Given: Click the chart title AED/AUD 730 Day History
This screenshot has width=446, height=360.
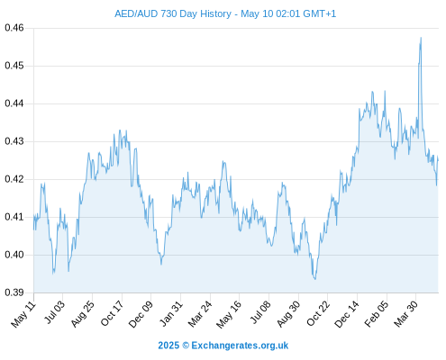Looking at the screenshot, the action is pyautogui.click(x=173, y=13).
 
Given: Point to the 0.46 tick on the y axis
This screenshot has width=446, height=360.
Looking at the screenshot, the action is pyautogui.click(x=14, y=28).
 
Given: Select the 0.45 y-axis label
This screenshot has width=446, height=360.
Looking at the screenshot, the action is pyautogui.click(x=14, y=66).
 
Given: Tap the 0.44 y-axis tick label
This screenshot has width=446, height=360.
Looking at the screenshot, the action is pyautogui.click(x=14, y=103).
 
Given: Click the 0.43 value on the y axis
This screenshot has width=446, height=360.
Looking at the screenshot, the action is pyautogui.click(x=14, y=141).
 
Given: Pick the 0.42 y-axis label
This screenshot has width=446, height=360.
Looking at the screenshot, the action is pyautogui.click(x=14, y=179).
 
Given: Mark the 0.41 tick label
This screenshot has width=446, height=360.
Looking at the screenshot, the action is pyautogui.click(x=14, y=217).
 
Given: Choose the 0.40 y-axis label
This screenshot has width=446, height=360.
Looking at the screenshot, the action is pyautogui.click(x=14, y=255).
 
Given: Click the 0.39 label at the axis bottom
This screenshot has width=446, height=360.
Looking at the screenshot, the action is pyautogui.click(x=14, y=292).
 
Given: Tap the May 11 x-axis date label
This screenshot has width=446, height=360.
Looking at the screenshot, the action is pyautogui.click(x=23, y=314).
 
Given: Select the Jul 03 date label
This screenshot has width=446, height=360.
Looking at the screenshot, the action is pyautogui.click(x=55, y=312).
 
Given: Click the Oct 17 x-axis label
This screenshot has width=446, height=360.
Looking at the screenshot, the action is pyautogui.click(x=112, y=313).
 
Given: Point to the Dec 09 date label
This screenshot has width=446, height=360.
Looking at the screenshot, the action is pyautogui.click(x=141, y=314).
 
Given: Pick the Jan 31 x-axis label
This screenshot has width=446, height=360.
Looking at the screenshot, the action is pyautogui.click(x=171, y=313).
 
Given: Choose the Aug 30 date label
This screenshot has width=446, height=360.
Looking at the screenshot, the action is pyautogui.click(x=288, y=314).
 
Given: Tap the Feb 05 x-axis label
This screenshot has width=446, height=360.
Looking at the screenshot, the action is pyautogui.click(x=377, y=314).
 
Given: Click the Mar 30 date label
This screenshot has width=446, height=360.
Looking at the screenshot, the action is pyautogui.click(x=405, y=314).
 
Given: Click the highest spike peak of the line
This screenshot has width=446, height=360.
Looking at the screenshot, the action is pyautogui.click(x=421, y=38).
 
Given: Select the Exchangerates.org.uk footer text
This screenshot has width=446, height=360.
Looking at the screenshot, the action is pyautogui.click(x=240, y=346).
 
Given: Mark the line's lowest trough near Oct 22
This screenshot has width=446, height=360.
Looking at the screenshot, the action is pyautogui.click(x=315, y=279).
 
